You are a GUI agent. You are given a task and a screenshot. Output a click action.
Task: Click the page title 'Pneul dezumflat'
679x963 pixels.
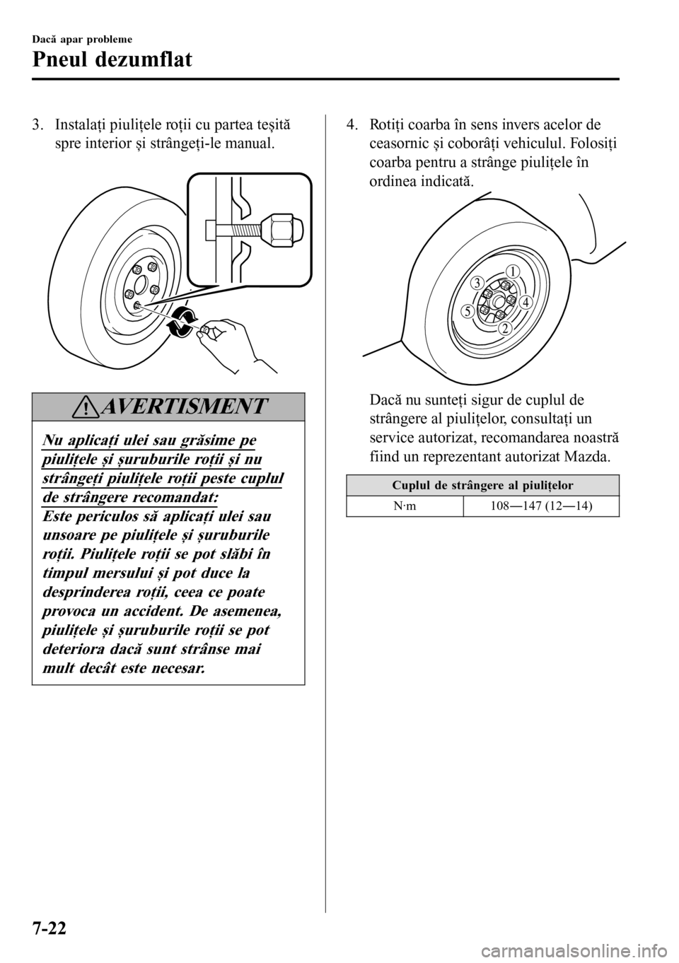tap(112, 60)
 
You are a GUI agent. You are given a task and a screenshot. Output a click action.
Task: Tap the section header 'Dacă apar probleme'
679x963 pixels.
tap(82, 40)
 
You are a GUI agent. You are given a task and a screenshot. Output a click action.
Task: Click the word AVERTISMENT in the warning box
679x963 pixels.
tap(182, 407)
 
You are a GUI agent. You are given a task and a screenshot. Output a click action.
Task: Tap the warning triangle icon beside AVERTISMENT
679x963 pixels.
tap(86, 407)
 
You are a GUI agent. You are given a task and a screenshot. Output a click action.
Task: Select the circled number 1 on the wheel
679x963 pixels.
tap(513, 272)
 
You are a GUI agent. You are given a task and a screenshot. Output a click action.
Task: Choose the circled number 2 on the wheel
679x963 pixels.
tap(505, 329)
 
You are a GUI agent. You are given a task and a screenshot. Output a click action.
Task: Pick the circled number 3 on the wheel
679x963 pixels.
tap(477, 283)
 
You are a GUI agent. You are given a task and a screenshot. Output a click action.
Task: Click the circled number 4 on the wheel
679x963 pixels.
tap(525, 302)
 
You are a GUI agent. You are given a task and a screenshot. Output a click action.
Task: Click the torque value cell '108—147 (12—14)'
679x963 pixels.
tap(541, 506)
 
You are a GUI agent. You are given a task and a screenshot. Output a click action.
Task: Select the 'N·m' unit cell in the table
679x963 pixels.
tap(405, 506)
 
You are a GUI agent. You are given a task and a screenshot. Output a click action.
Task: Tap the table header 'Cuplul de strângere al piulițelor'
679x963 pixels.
tap(482, 486)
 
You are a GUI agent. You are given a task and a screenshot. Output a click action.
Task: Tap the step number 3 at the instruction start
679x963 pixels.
tap(37, 126)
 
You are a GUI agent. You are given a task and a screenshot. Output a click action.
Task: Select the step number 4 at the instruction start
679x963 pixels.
tap(352, 126)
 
